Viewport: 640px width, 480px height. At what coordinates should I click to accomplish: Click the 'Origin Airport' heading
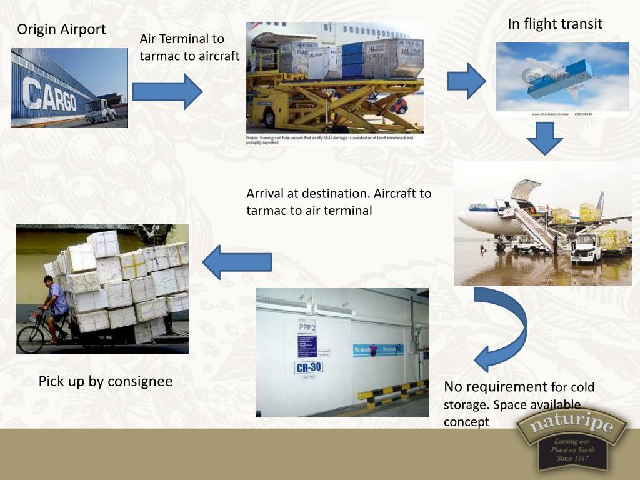[x=61, y=29]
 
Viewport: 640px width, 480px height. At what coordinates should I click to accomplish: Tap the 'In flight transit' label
[x=555, y=24]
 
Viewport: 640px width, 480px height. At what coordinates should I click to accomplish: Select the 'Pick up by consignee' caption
[x=105, y=381]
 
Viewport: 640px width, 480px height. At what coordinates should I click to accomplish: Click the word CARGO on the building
[x=50, y=96]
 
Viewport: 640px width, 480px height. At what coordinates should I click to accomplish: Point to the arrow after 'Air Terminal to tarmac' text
[x=168, y=91]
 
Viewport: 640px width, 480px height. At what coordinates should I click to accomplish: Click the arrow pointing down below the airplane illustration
[x=544, y=138]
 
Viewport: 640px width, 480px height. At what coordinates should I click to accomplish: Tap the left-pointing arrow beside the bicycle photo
[x=237, y=261]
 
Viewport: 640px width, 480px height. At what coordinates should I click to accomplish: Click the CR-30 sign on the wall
[x=308, y=367]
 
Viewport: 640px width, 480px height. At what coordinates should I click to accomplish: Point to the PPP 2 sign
[x=307, y=327]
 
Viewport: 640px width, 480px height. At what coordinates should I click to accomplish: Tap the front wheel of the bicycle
[x=31, y=338]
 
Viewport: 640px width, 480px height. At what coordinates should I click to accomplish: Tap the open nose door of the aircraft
[x=525, y=188]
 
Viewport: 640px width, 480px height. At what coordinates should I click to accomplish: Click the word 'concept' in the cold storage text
[x=466, y=422]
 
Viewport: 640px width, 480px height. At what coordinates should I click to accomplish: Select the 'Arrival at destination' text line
[x=339, y=194]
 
